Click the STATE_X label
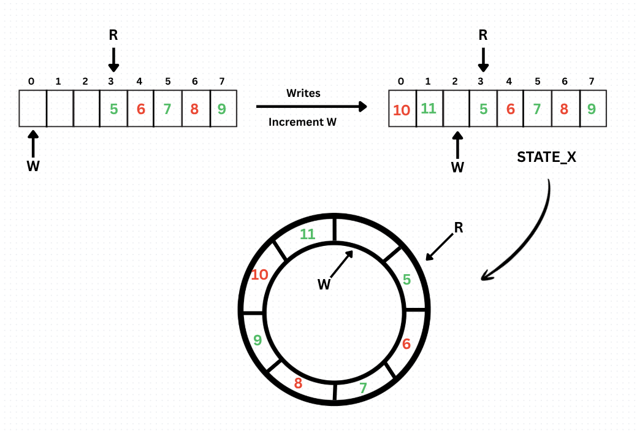546,157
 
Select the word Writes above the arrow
303,93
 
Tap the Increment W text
303,122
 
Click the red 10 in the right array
402,110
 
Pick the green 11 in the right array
429,109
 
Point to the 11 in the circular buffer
307,233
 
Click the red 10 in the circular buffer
259,274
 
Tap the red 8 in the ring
298,383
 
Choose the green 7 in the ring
363,388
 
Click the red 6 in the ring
406,344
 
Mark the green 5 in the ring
406,280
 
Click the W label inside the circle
324,284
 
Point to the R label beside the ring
458,228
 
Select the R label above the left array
113,35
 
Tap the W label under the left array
33,166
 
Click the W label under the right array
457,167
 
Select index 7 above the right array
591,81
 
